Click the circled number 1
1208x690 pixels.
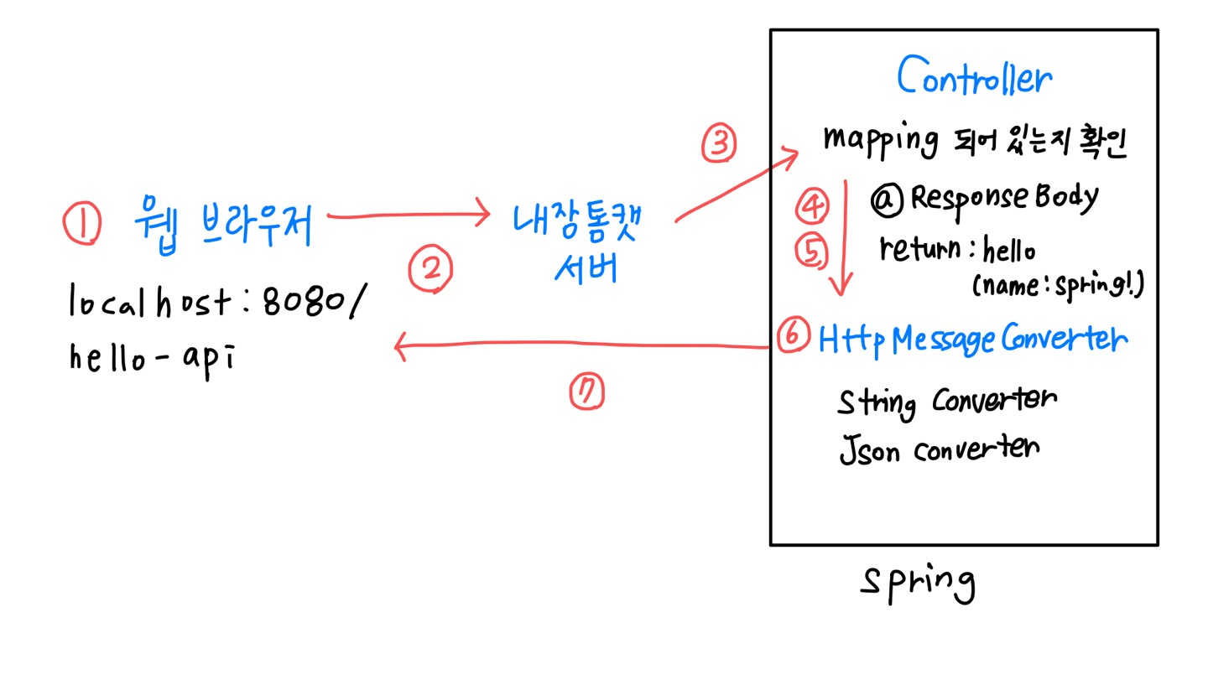pos(81,224)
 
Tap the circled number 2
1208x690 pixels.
pos(430,269)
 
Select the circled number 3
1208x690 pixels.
pos(719,143)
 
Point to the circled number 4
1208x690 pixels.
pos(811,205)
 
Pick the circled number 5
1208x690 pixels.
pos(811,251)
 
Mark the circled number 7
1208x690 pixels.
pos(586,392)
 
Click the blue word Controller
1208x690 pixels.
pos(973,78)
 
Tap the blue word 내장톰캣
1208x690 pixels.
pos(576,221)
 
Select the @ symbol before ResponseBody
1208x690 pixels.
pos(888,199)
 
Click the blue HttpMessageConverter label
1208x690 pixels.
pos(973,339)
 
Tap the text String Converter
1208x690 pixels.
pos(946,402)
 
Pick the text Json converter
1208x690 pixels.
pos(939,449)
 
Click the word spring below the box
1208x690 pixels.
pos(918,581)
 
